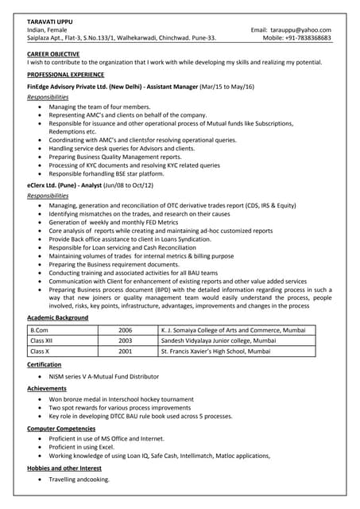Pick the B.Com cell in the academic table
coord(39,329)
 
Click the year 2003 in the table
coord(126,340)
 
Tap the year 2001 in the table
coord(126,350)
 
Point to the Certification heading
coord(45,364)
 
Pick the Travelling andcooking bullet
coord(79,480)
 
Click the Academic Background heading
coord(58,317)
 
